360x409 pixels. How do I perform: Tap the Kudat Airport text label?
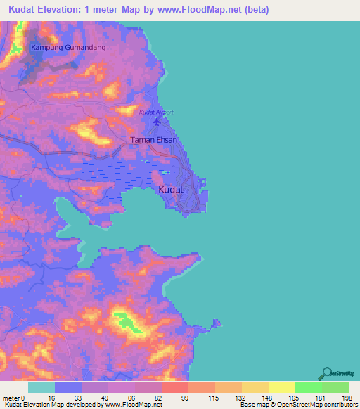click(x=155, y=112)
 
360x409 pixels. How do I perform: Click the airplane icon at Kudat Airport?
click(x=156, y=124)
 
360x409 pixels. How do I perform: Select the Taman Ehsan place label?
click(x=154, y=141)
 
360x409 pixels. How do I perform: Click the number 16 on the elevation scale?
click(x=51, y=397)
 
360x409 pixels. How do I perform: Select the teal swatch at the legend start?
click(x=41, y=387)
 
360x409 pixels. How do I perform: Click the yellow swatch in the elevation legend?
click(x=281, y=387)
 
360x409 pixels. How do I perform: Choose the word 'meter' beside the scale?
click(x=11, y=397)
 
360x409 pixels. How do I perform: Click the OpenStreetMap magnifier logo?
click(x=325, y=372)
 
